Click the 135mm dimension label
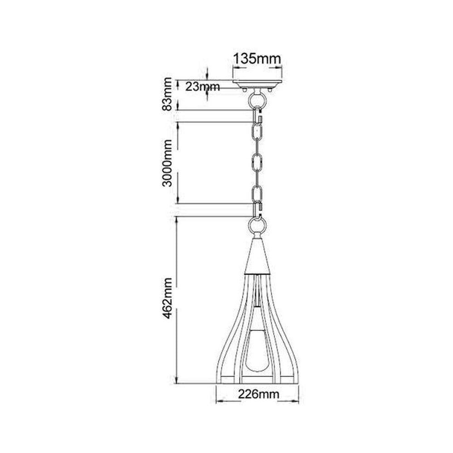(257, 58)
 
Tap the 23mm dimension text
(202, 87)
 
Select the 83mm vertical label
(167, 94)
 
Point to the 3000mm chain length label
(167, 163)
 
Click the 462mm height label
(167, 298)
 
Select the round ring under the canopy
(257, 100)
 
